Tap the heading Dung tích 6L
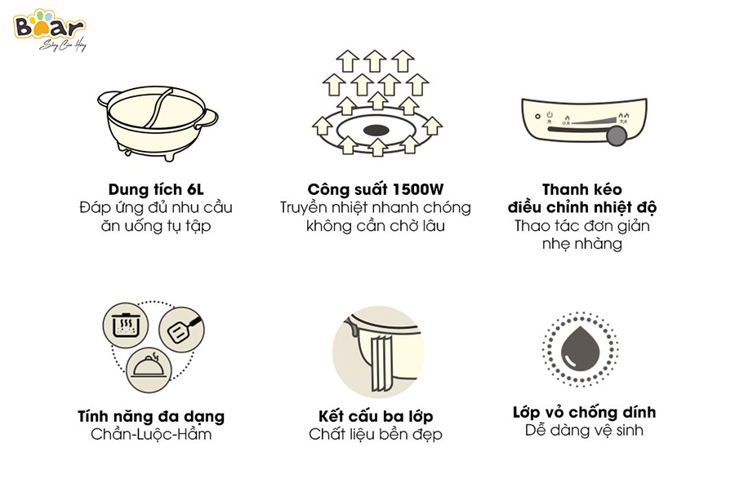155,188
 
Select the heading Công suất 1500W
375,188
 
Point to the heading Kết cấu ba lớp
375,416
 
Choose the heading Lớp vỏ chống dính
584,412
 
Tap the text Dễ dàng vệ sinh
584,430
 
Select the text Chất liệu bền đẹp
375,434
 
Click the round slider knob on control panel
618,135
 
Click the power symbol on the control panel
550,116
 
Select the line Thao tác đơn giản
583,226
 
